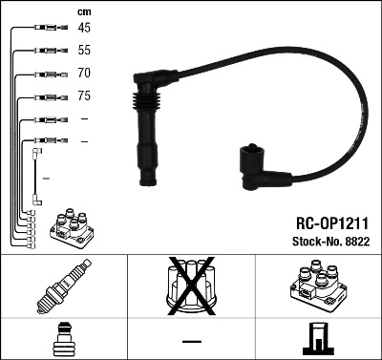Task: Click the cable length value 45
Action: point(84,27)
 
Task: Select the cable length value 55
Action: point(84,49)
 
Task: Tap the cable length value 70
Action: point(84,73)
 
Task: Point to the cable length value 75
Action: point(84,96)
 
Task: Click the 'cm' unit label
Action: point(83,11)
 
